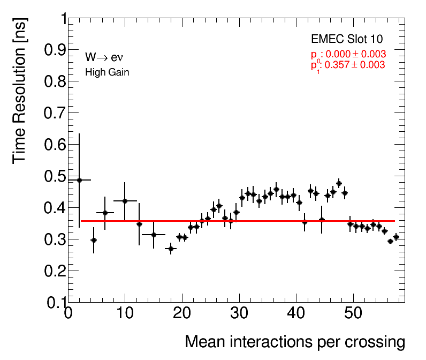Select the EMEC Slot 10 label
point(347,40)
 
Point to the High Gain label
point(107,72)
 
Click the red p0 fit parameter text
point(348,55)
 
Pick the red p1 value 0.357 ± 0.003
point(348,65)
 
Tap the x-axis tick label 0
point(68,313)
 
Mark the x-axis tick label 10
point(125,313)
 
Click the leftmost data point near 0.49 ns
point(79,180)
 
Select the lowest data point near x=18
point(171,249)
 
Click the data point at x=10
point(125,201)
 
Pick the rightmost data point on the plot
point(396,237)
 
